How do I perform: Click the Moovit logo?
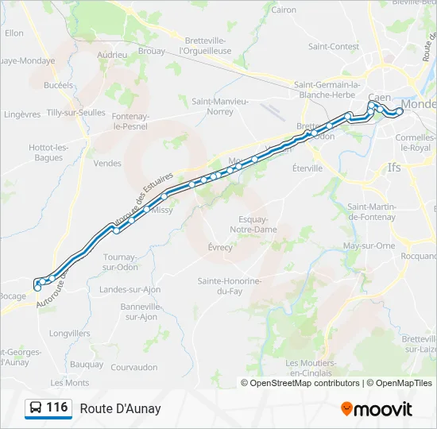[x=377, y=409]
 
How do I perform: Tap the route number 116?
[x=56, y=408]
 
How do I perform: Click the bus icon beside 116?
[x=35, y=408]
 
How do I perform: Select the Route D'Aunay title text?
[x=120, y=408]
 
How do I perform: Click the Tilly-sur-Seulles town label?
[x=76, y=113]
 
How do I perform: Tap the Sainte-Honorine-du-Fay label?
[x=230, y=286]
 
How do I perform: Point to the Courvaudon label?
[x=134, y=367]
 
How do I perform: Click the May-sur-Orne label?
[x=369, y=245]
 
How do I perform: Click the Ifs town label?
[x=394, y=168]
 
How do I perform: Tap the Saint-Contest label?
[x=334, y=46]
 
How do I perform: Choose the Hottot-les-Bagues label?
[x=49, y=153]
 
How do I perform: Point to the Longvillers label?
[x=70, y=334]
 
